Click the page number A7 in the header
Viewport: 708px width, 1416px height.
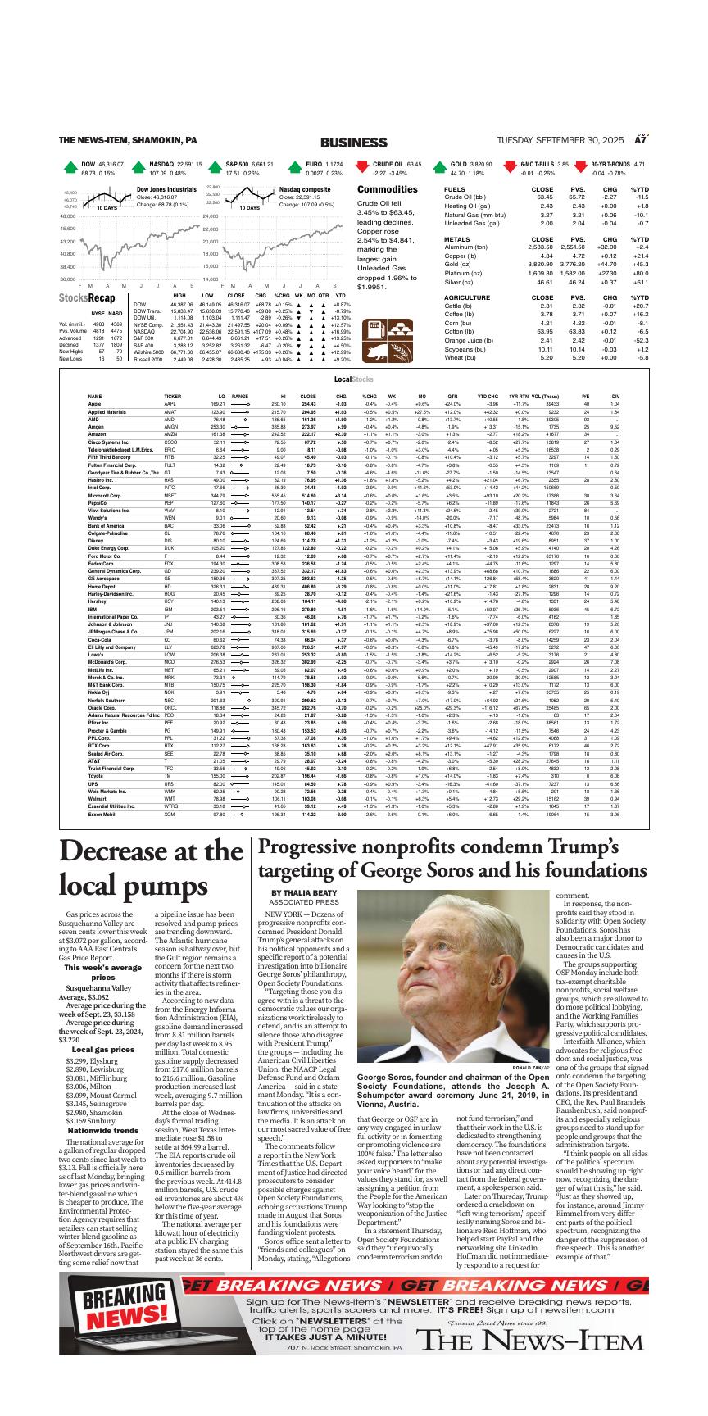click(642, 141)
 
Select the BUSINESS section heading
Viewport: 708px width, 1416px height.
click(353, 143)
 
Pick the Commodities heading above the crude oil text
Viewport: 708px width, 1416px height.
click(388, 189)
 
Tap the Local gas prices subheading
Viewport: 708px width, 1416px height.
click(102, 1049)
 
